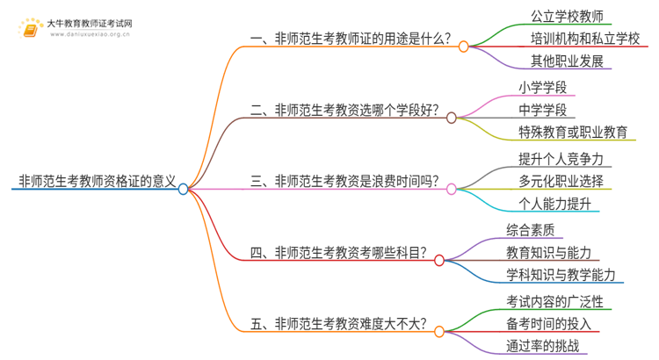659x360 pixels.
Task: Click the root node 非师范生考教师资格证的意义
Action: click(x=92, y=182)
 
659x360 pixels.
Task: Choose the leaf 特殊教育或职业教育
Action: click(x=572, y=133)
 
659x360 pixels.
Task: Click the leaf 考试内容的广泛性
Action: click(x=554, y=301)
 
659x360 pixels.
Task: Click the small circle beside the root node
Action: click(x=183, y=188)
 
